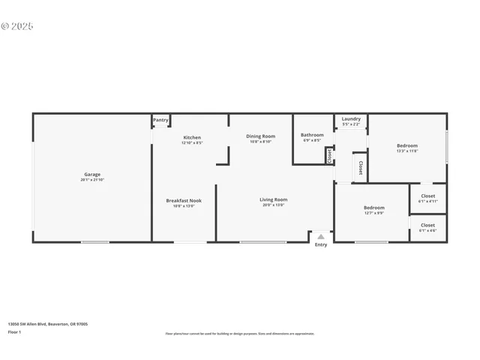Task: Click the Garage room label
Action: click(x=91, y=175)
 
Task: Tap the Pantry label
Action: click(x=160, y=120)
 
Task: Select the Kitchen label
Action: click(x=192, y=137)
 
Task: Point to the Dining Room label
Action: click(x=261, y=136)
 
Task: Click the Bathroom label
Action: click(x=312, y=135)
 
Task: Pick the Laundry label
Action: click(x=351, y=118)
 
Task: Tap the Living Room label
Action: click(x=273, y=199)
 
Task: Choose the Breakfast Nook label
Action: click(x=184, y=200)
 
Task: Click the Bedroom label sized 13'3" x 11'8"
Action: click(x=406, y=145)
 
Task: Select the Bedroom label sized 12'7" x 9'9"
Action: click(x=373, y=208)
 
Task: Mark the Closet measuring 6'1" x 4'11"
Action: click(x=427, y=196)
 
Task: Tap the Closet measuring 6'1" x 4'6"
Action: click(x=427, y=225)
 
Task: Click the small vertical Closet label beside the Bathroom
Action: click(x=329, y=155)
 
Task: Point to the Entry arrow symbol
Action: click(x=321, y=236)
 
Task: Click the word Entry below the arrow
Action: click(x=321, y=244)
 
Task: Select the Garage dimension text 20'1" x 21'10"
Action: click(x=91, y=180)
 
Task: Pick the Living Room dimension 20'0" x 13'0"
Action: click(x=273, y=205)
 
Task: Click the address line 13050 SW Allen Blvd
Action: click(x=48, y=324)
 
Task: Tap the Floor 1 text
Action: click(x=15, y=331)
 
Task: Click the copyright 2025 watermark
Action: click(x=17, y=25)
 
